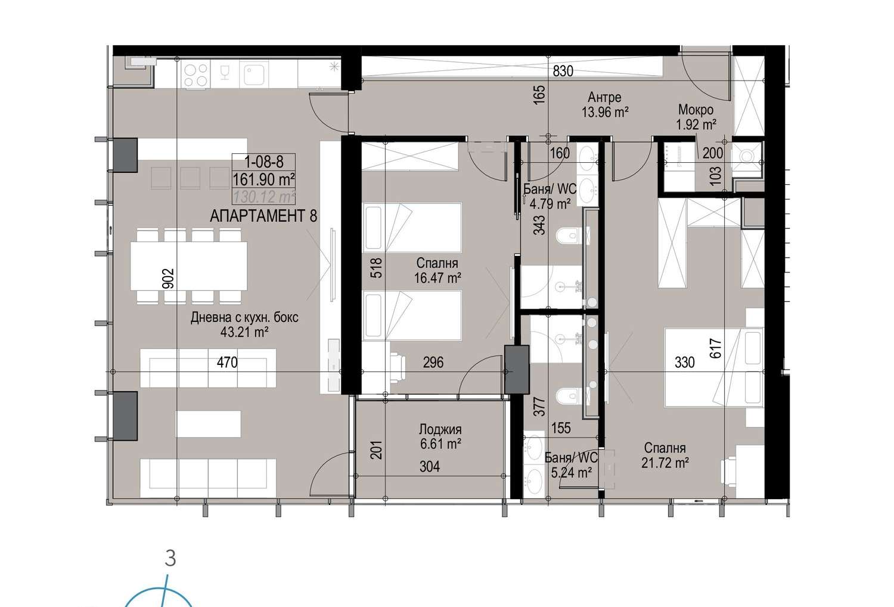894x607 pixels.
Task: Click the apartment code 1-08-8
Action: (x=264, y=162)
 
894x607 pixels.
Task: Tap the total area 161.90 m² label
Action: (x=264, y=179)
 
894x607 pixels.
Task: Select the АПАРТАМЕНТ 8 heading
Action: (x=263, y=216)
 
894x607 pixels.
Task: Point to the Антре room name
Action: (x=604, y=97)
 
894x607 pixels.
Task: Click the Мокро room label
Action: (x=696, y=110)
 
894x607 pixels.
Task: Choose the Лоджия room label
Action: (x=440, y=429)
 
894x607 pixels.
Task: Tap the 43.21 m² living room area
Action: (x=244, y=332)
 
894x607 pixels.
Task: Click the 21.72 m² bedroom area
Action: (x=665, y=463)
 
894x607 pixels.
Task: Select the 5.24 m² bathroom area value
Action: (x=571, y=473)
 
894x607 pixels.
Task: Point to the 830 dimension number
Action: (x=563, y=71)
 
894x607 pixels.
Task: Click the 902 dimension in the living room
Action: (x=169, y=278)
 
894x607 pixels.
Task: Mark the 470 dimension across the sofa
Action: (x=227, y=362)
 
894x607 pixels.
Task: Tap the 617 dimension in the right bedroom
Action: (x=716, y=348)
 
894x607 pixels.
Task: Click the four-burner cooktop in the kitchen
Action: (x=196, y=75)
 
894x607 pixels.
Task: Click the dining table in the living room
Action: (x=188, y=266)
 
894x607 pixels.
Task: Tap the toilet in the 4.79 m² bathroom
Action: (x=567, y=235)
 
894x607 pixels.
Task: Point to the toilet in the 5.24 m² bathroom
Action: (x=567, y=395)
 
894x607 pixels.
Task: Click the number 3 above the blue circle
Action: (x=170, y=558)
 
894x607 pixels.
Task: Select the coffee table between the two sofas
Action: (x=208, y=424)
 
